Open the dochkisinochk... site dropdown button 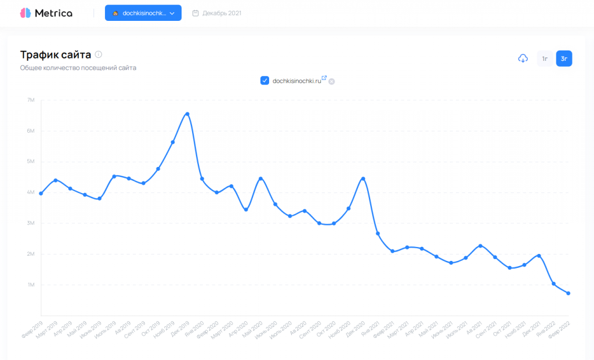coord(143,13)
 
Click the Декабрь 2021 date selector coord(216,13)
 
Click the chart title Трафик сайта coord(55,54)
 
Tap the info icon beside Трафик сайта coord(99,54)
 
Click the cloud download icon coord(523,58)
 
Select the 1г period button coord(545,59)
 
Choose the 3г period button coord(564,59)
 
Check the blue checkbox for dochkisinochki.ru coord(265,81)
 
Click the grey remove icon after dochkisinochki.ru coord(332,82)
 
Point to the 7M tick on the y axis coord(31,100)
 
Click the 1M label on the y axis coord(31,285)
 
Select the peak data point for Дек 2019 coord(187,114)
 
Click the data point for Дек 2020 coord(363,179)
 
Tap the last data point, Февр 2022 coord(568,293)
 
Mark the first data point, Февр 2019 coord(41,193)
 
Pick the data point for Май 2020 coord(260,179)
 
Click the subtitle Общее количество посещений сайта coord(78,68)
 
